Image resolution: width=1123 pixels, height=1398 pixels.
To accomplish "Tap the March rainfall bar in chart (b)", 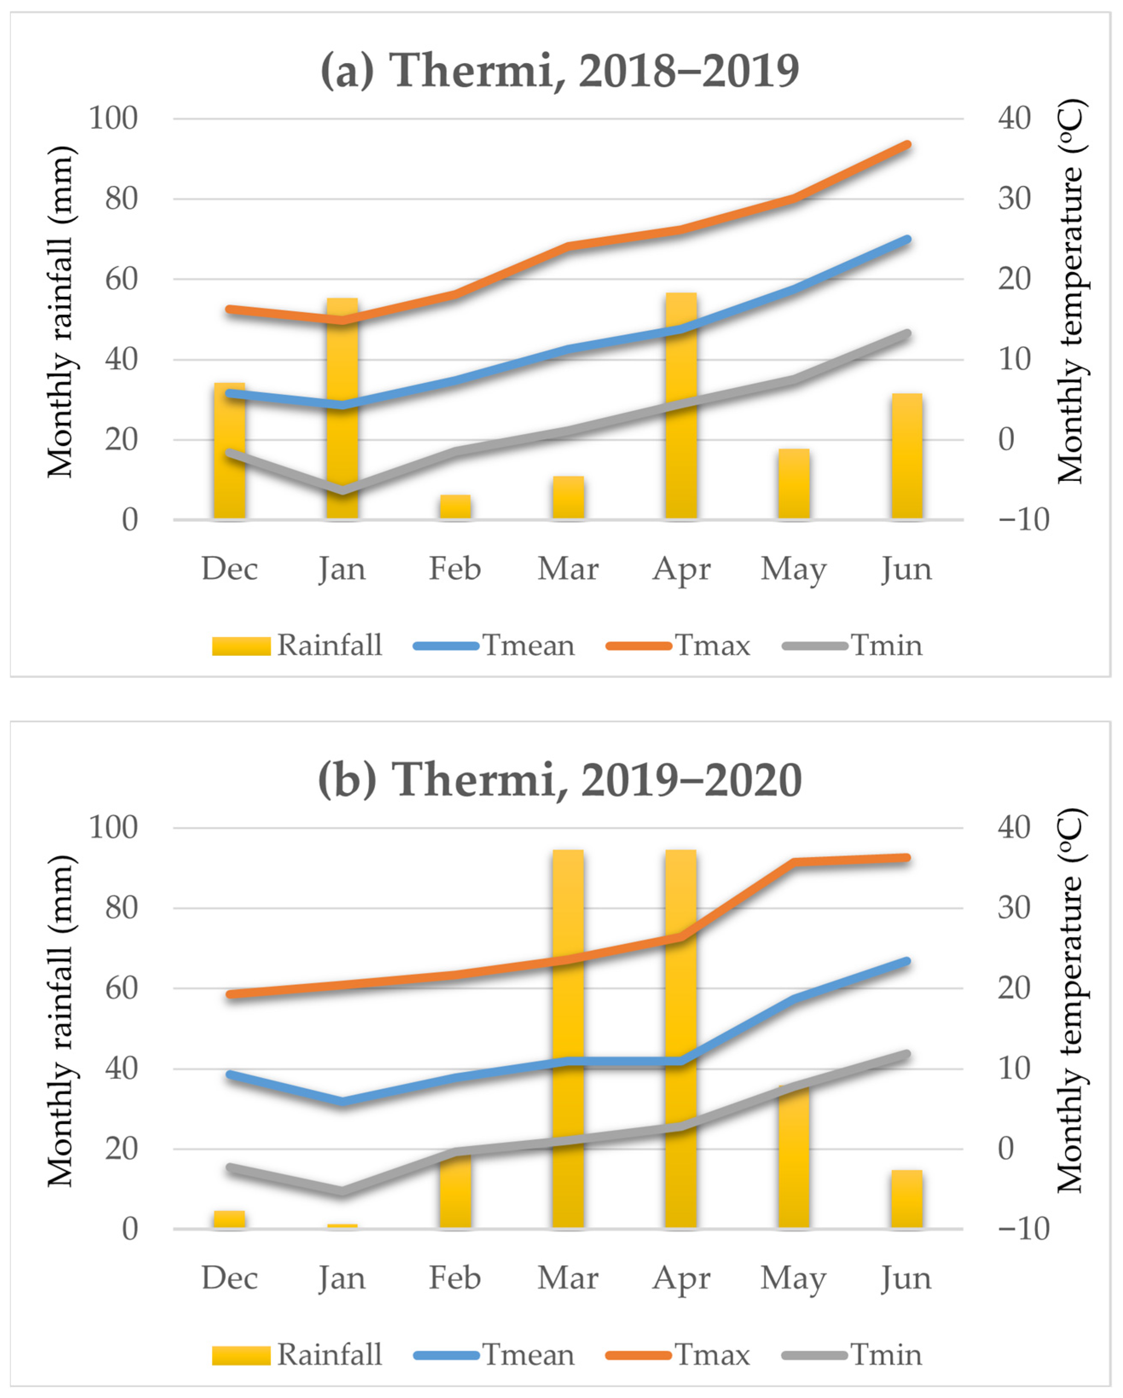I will (x=568, y=1037).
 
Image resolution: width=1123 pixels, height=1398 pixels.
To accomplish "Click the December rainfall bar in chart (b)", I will (x=229, y=1219).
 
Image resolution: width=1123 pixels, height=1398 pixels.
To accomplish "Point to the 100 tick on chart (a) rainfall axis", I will (x=113, y=118).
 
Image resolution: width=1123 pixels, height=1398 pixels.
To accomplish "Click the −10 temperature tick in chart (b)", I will (x=1023, y=1229).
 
